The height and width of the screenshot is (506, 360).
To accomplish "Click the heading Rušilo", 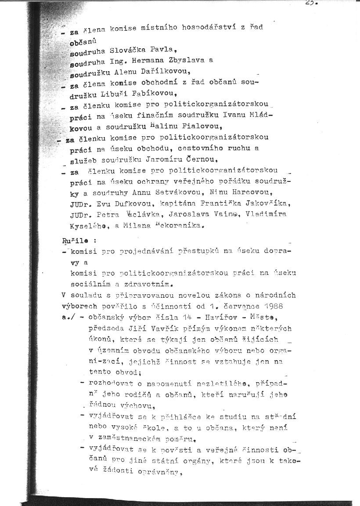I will pyautogui.click(x=74, y=241).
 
